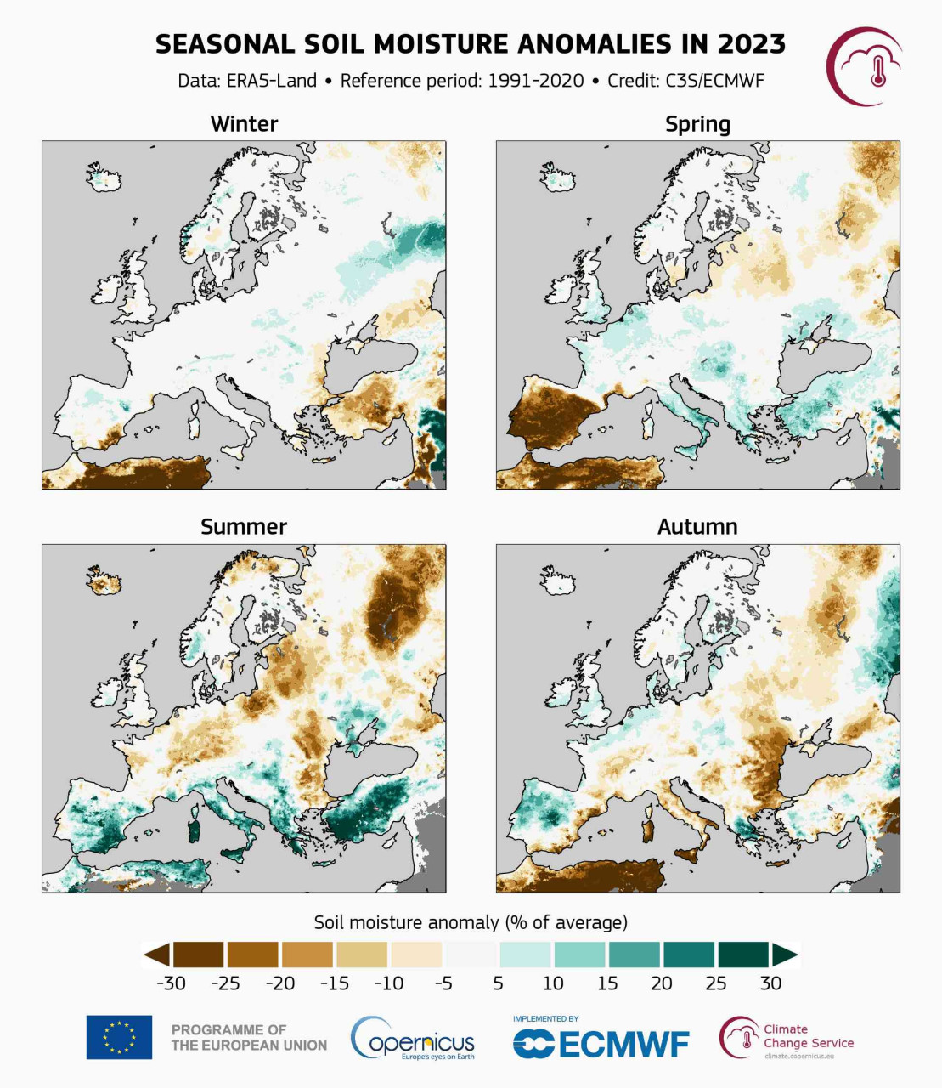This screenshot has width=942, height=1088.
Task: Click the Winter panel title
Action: (244, 124)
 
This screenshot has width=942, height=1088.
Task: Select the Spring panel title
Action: (697, 125)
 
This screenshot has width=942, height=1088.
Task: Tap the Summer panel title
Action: (244, 527)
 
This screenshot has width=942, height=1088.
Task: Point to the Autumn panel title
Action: (697, 527)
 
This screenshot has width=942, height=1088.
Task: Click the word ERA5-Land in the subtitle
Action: (271, 81)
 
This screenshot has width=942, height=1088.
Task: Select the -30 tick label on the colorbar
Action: (171, 983)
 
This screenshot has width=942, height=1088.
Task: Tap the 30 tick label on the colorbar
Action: (770, 983)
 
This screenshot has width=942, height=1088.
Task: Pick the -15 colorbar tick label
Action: (335, 983)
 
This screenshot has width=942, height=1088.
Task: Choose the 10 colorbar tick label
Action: (553, 983)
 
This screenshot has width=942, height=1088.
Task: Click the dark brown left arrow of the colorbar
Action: (157, 955)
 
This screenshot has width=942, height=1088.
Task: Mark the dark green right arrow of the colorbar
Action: (784, 955)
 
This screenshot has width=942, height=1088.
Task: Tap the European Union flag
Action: (119, 1037)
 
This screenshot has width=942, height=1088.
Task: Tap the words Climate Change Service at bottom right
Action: (808, 1036)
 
